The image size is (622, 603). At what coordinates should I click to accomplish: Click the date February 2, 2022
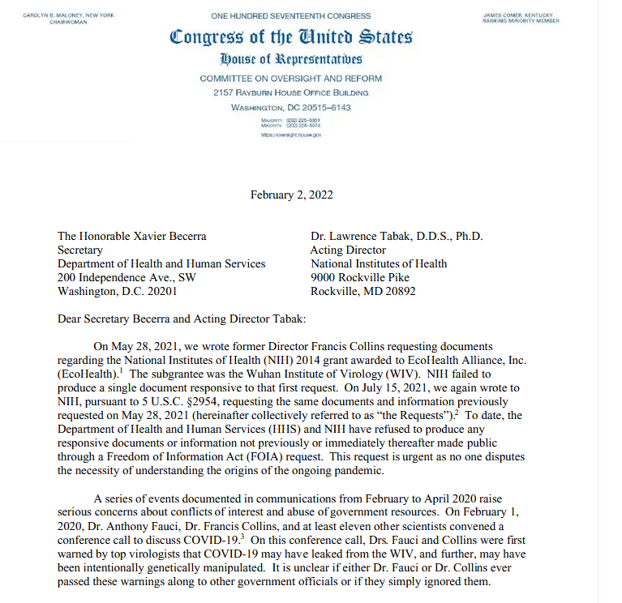point(291,195)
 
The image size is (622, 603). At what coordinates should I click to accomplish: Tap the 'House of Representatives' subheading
point(291,60)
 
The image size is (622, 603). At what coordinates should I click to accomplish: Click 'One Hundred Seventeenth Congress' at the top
point(291,15)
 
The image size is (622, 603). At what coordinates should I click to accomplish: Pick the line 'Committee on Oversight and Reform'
point(291,79)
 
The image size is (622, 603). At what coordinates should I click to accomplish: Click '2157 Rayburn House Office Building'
point(291,93)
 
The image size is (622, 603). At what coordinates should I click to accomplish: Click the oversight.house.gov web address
point(291,135)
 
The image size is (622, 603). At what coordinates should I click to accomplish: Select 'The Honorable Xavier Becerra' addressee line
point(131,237)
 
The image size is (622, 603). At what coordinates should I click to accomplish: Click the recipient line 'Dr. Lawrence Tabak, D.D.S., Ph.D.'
point(397,237)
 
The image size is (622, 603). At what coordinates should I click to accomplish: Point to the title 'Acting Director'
point(348,250)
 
